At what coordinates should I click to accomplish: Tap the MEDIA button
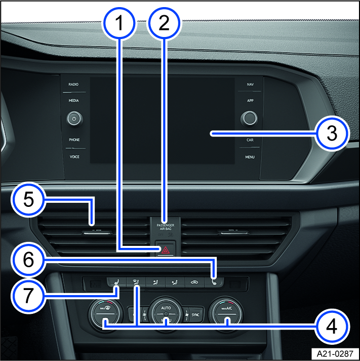[x=74, y=101]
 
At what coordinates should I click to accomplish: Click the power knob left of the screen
[x=74, y=119]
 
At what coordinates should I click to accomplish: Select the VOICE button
[x=74, y=157]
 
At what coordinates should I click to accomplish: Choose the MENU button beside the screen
[x=250, y=157]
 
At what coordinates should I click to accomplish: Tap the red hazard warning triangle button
[x=166, y=249]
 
